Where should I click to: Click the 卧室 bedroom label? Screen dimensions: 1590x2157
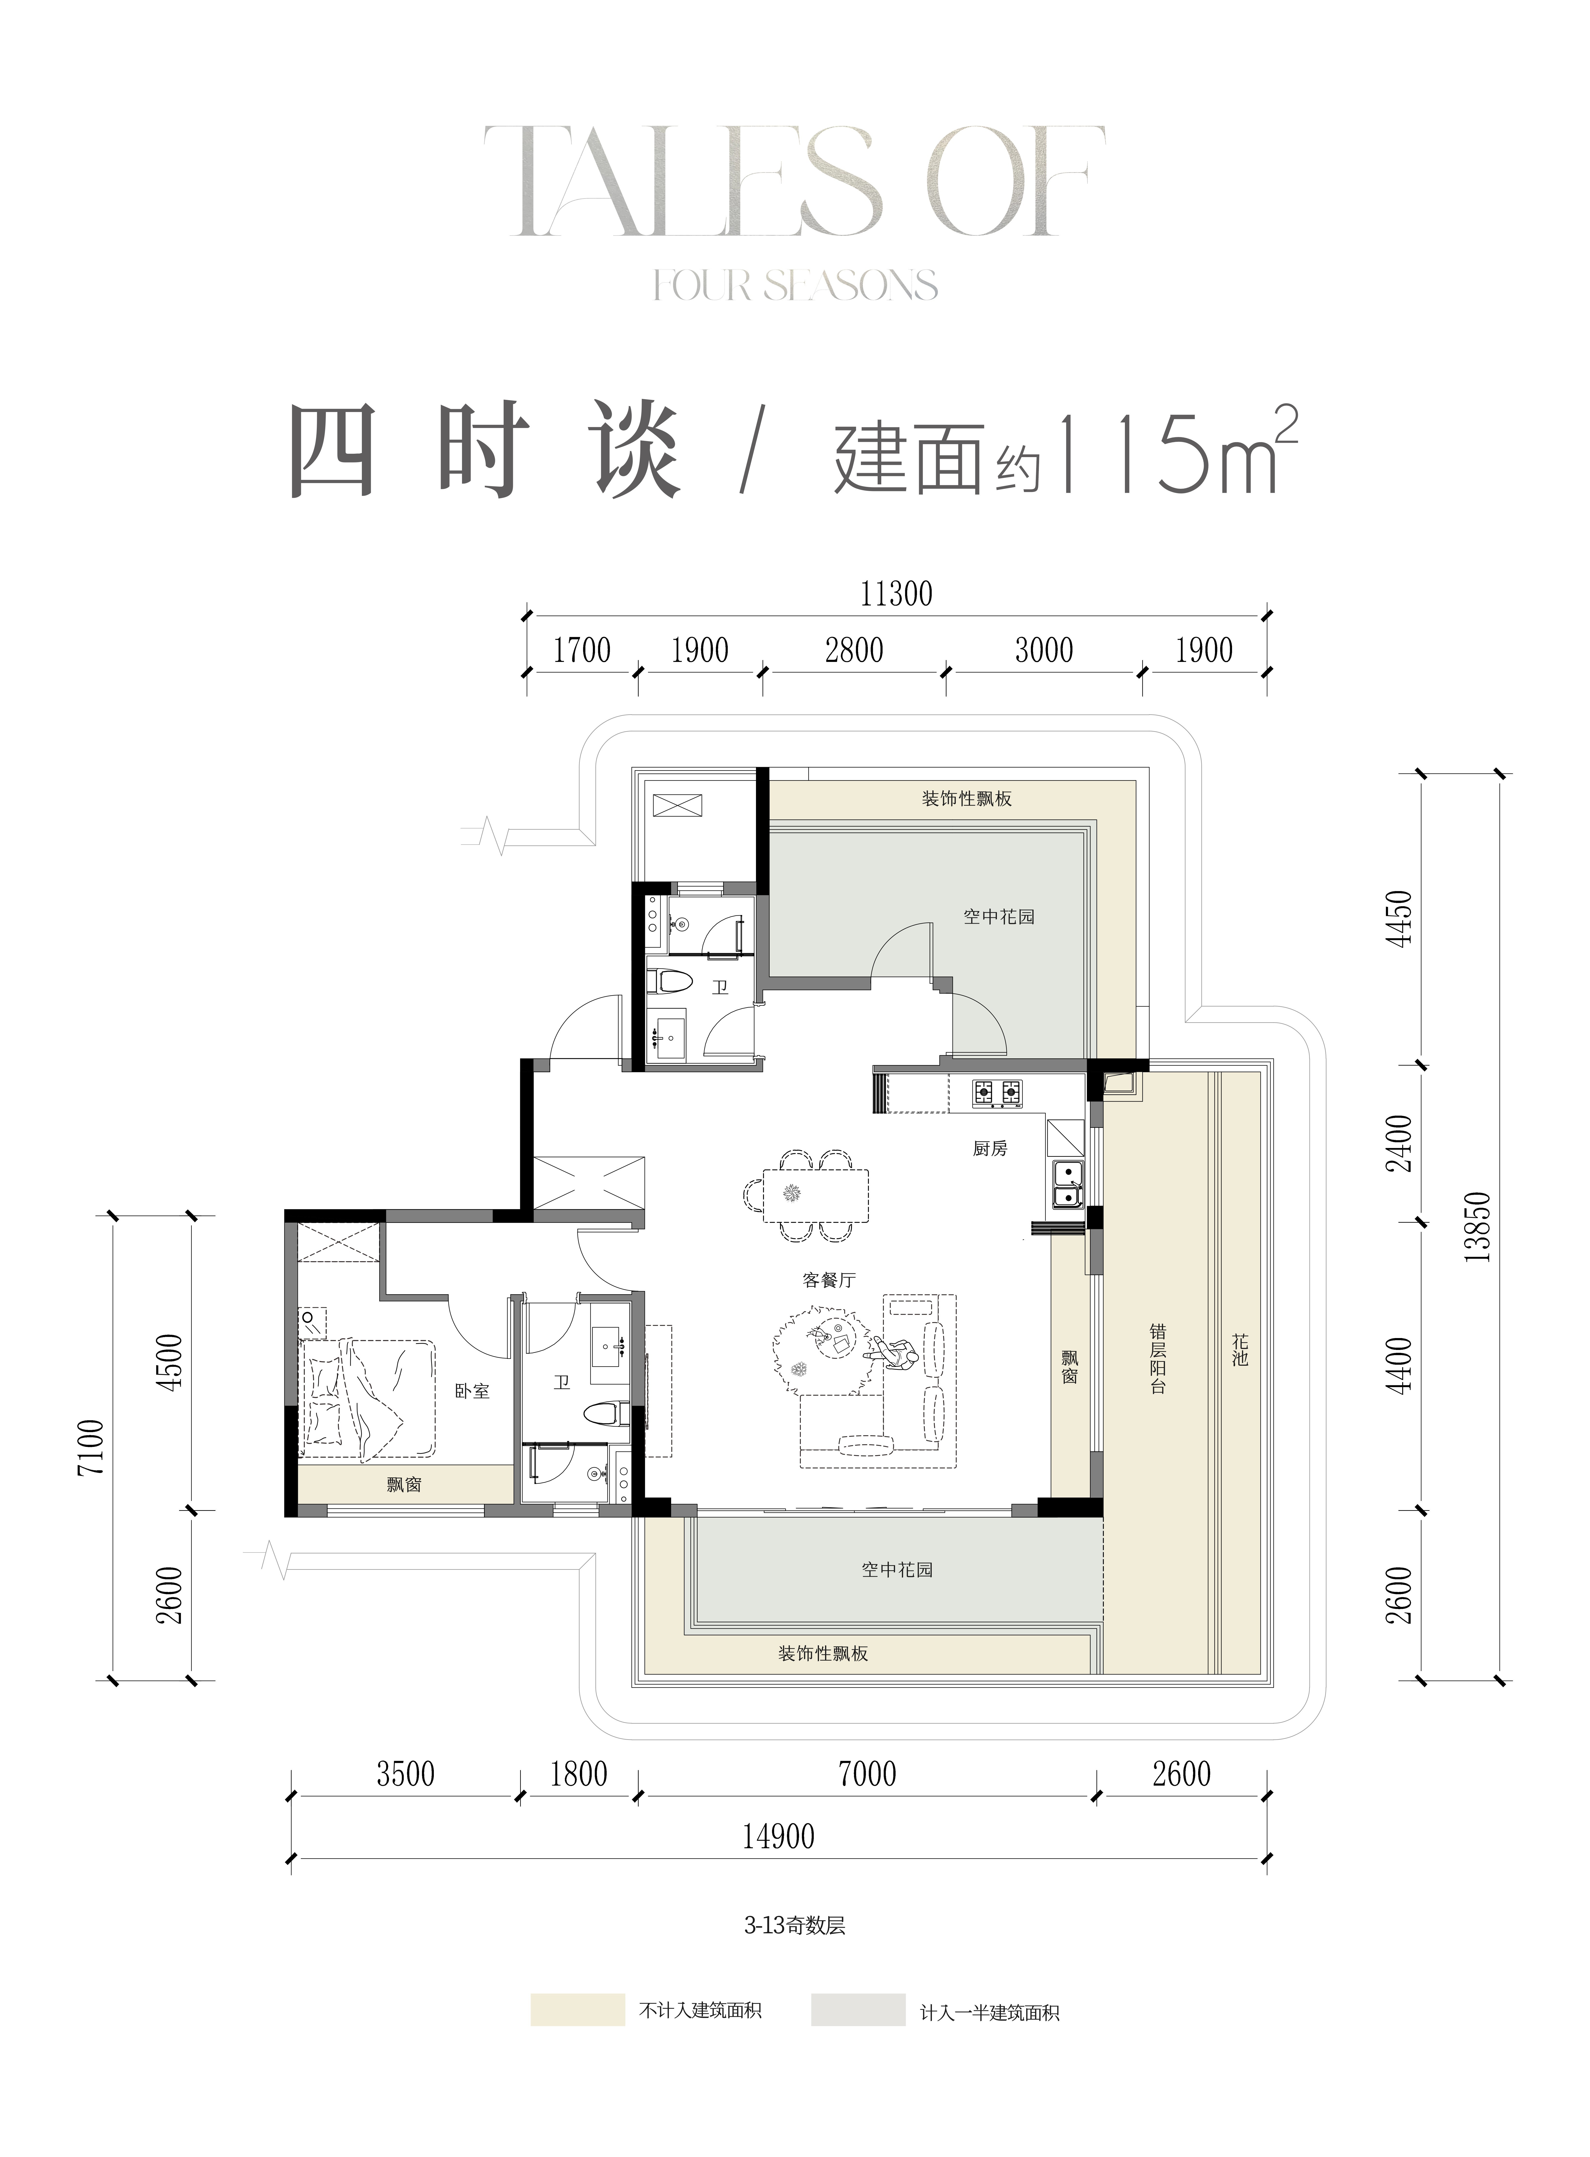(x=473, y=1391)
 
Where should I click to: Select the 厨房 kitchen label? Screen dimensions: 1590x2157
(x=989, y=1148)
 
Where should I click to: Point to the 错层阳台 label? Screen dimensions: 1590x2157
(x=1158, y=1358)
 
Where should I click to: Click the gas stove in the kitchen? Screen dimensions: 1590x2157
(x=997, y=1092)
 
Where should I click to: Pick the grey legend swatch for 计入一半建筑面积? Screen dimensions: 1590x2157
(x=858, y=2010)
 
